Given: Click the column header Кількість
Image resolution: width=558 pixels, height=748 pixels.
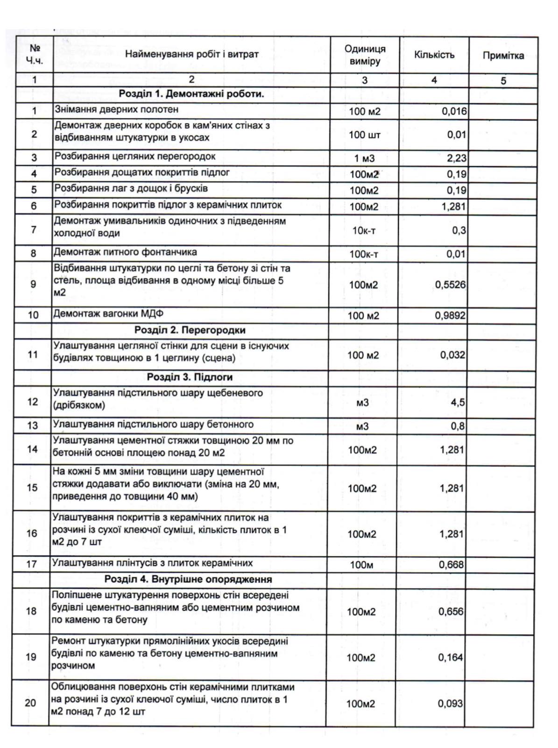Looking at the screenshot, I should [x=434, y=55].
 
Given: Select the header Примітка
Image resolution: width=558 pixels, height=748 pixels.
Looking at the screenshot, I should [x=503, y=56].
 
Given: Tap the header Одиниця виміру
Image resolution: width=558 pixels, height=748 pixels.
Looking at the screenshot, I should [x=365, y=55].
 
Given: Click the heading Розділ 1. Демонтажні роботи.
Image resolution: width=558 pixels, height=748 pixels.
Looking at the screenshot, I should [x=191, y=94].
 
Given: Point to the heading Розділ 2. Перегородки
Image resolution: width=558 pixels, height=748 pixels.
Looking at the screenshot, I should [x=190, y=330].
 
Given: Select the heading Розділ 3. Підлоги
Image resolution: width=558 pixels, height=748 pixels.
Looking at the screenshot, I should [x=190, y=377].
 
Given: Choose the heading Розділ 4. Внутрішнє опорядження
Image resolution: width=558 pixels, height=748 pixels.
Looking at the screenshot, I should [x=188, y=579].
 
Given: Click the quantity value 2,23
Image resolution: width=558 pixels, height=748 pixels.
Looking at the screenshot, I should [x=456, y=158].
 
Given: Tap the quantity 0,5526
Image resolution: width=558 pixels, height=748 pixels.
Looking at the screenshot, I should [x=450, y=285].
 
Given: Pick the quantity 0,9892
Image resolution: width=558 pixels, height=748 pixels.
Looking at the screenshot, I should [x=450, y=316].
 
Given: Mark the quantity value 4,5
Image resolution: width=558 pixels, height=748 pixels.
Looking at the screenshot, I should [x=458, y=403].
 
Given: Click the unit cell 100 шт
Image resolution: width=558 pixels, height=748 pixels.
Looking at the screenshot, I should [x=364, y=135].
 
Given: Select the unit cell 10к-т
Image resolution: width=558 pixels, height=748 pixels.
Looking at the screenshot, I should [x=364, y=230].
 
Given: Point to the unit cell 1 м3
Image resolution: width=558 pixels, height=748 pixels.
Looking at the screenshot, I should [x=364, y=158].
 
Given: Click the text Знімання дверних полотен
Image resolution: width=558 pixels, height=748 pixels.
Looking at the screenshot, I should [x=116, y=110].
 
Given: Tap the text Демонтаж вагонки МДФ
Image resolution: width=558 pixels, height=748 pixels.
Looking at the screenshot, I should [x=108, y=314].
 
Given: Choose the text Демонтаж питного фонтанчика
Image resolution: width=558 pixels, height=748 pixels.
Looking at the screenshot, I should [x=125, y=252].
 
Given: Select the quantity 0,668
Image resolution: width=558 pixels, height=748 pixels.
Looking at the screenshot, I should [x=451, y=565].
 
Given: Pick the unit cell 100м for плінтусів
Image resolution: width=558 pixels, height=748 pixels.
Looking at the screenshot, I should [x=361, y=565].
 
